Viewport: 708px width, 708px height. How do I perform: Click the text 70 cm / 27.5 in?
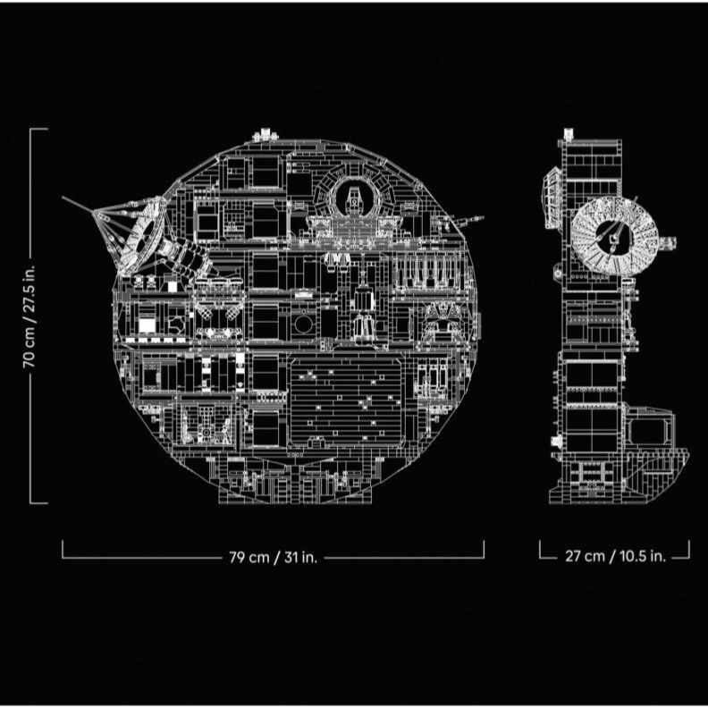[29, 316]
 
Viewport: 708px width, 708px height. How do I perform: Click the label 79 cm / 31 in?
[273, 556]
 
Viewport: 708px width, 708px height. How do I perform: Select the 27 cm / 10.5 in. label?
[615, 556]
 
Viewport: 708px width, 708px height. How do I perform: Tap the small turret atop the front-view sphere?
[265, 134]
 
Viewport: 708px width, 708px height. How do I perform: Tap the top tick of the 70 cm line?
[38, 129]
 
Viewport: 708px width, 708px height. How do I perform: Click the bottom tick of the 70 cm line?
[38, 502]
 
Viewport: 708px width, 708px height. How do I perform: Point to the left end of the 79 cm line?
[63, 550]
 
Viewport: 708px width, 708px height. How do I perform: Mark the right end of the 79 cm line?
[484, 550]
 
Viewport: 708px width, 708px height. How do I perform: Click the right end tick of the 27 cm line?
[689, 550]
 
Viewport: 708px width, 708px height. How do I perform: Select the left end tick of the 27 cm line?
[541, 550]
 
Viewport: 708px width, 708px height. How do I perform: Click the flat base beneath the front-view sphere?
[295, 487]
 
